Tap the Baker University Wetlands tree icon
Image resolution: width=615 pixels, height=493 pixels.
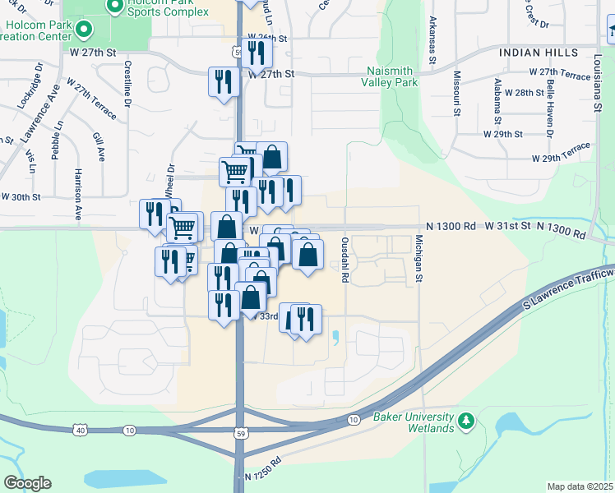466,422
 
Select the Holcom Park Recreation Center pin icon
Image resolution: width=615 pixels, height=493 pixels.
82,30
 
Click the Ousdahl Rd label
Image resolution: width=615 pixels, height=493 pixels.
345,261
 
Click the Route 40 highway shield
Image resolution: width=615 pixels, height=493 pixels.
80,430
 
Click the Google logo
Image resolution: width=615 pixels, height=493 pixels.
27,483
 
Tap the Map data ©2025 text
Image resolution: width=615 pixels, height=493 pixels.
580,486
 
